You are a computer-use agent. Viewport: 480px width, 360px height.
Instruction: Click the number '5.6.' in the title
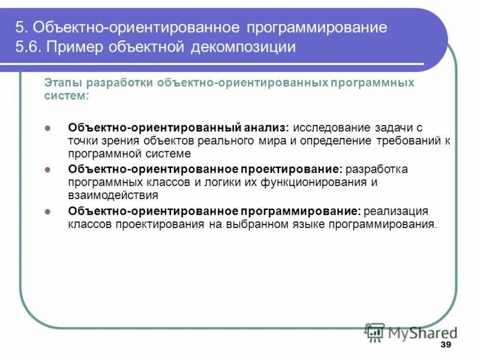pos(28,47)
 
